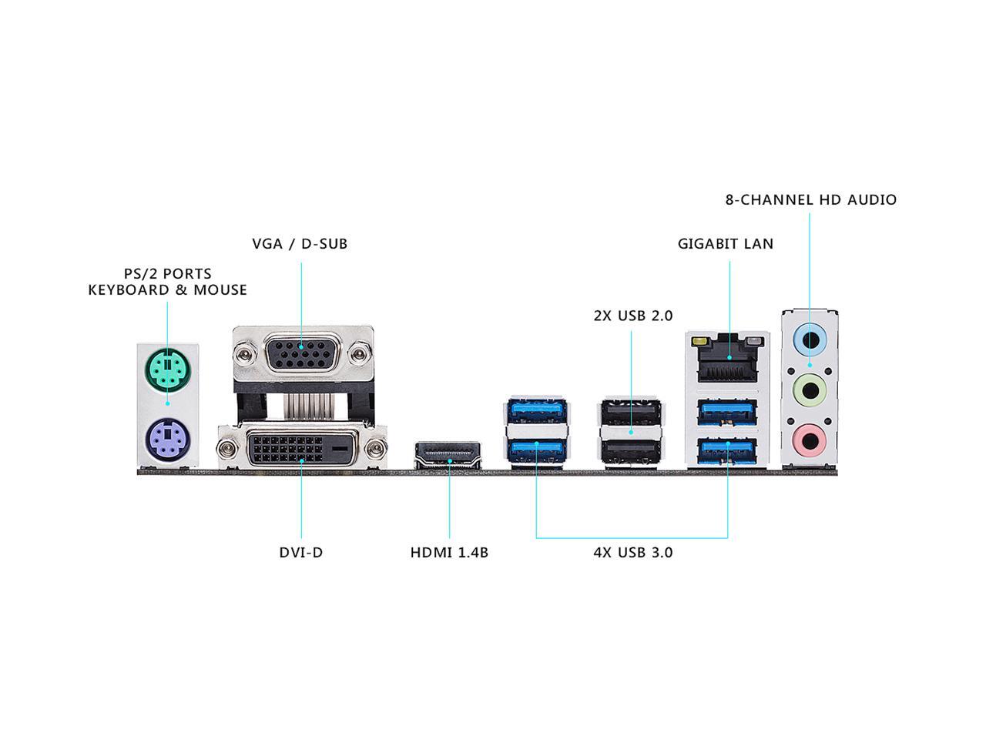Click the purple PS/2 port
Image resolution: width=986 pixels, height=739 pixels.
166,440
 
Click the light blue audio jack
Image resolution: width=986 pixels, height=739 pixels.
810,338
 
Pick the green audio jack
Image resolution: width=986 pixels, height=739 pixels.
810,390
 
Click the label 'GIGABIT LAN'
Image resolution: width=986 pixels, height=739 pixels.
726,244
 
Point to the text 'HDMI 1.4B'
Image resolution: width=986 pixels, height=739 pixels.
449,553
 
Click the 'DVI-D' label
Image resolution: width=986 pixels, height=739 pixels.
300,553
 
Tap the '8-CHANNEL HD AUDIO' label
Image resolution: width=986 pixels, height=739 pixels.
810,200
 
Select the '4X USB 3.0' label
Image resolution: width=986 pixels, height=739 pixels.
632,553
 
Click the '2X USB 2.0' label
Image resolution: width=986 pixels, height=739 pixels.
632,316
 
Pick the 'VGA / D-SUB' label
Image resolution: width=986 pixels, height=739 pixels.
300,244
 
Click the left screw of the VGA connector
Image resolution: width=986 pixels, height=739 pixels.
246,354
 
